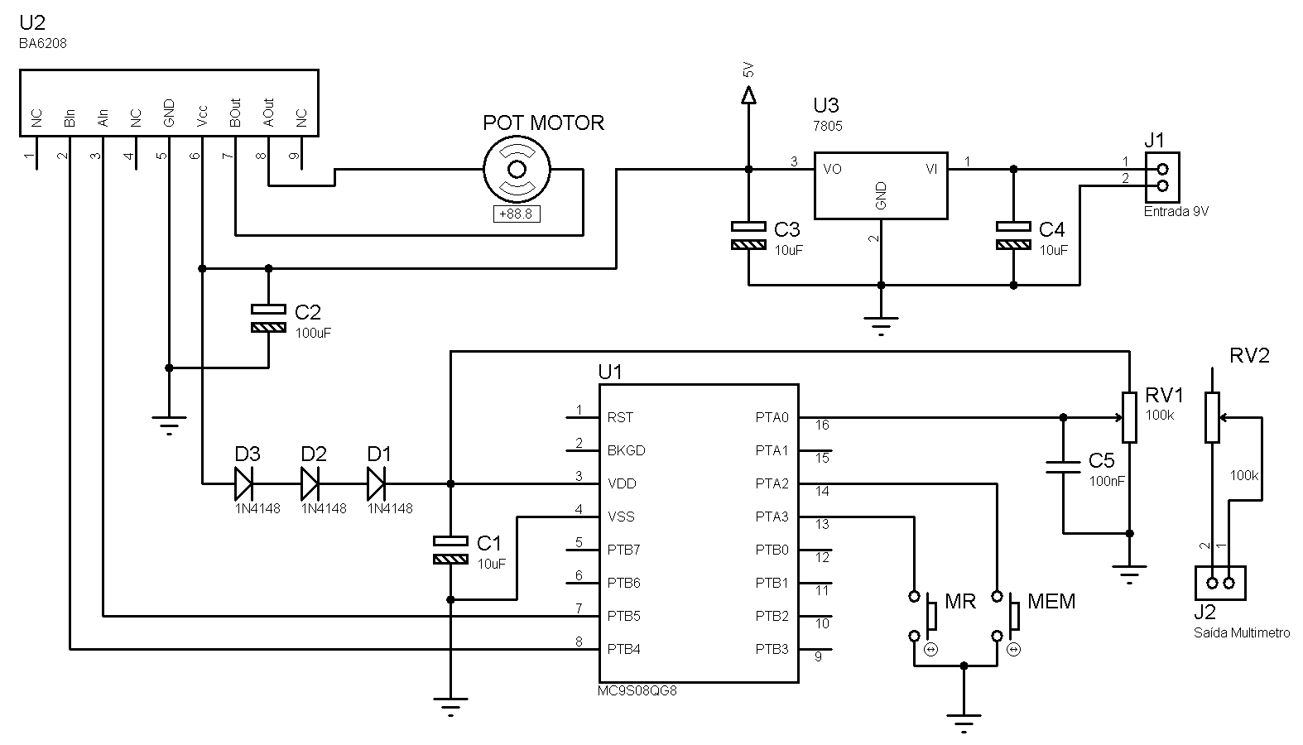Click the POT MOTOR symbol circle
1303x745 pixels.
click(x=517, y=170)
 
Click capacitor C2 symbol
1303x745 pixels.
click(x=268, y=318)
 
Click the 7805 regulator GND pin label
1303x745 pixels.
click(x=881, y=195)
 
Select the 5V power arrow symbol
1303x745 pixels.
click(x=748, y=97)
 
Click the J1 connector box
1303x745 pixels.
click(x=1162, y=177)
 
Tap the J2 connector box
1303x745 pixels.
click(x=1220, y=583)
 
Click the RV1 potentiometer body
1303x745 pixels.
click(x=1129, y=417)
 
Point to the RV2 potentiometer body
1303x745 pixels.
click(x=1212, y=417)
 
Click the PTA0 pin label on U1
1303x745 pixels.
click(x=772, y=417)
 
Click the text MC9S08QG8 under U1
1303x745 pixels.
click(x=637, y=690)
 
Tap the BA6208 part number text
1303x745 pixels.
click(x=42, y=44)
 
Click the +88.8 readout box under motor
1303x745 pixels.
click(x=517, y=214)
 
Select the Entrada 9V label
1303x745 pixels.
click(x=1176, y=211)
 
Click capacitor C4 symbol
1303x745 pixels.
click(x=1013, y=235)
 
